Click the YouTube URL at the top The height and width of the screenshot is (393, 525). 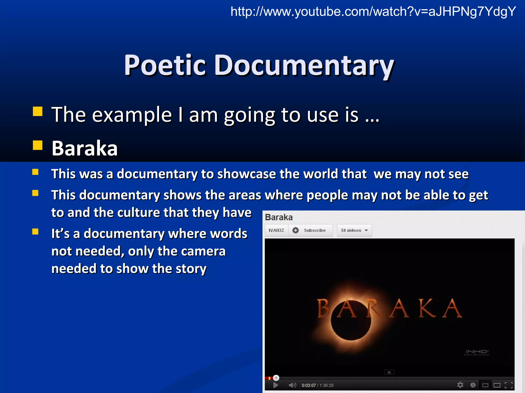point(373,12)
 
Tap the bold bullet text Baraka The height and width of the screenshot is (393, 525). point(85,148)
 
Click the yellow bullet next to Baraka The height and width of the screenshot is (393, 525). point(37,145)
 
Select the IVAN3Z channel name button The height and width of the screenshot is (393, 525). point(276,230)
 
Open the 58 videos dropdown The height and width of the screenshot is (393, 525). point(354,230)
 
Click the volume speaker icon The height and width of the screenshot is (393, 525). point(292,385)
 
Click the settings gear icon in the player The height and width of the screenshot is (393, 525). point(460,385)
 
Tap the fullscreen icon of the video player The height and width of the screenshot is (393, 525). point(509,385)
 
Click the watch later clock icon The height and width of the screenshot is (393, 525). point(473,385)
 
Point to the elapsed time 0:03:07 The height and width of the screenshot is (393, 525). point(309,385)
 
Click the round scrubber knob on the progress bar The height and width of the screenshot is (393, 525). point(276,378)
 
